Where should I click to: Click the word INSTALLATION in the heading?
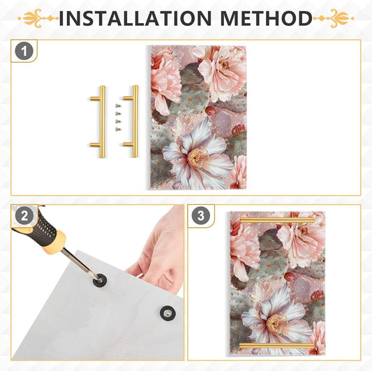pos(135,18)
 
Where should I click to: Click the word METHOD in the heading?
pos(266,18)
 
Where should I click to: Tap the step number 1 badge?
pos(24,51)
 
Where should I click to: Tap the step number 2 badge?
pos(24,216)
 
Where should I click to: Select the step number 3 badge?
pos(201,215)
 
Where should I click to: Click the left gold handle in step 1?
pos(102,121)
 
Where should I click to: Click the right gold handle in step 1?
pos(135,121)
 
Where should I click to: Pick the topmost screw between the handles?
pos(118,105)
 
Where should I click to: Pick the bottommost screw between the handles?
pos(118,129)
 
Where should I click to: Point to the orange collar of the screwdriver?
pos(54,242)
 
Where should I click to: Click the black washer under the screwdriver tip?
pos(100,280)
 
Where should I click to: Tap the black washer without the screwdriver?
pos(168,313)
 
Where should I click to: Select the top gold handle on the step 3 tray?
pos(277,220)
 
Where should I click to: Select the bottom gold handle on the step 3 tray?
pos(276,346)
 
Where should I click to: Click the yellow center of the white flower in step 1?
pos(198,157)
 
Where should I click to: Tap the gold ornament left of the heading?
pos(38,18)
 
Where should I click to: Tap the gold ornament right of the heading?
pos(334,18)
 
